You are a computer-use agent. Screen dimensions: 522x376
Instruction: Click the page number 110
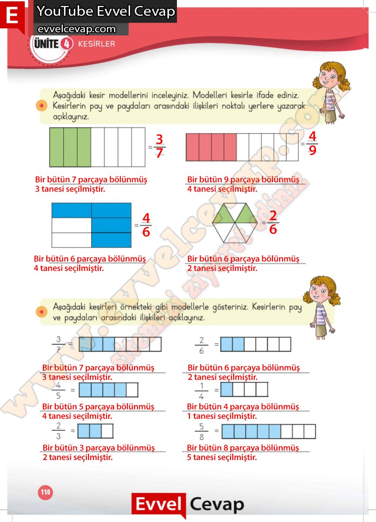(45, 492)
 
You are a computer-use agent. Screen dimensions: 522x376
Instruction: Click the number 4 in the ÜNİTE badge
(66, 44)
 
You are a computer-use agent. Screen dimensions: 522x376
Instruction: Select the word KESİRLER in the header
(96, 44)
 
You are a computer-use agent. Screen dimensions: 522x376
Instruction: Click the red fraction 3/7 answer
(159, 146)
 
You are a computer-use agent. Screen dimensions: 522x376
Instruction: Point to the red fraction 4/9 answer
(312, 143)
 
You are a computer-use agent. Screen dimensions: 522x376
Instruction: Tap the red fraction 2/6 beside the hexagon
(273, 223)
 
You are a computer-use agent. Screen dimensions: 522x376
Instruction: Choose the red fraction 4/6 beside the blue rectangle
(146, 225)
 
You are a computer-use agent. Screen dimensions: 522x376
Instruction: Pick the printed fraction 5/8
(201, 431)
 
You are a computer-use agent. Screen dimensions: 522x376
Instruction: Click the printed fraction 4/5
(58, 390)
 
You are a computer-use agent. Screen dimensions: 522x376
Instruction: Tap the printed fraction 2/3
(58, 430)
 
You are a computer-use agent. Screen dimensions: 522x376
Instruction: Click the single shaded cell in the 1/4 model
(226, 390)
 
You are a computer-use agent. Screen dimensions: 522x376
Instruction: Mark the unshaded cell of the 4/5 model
(132, 390)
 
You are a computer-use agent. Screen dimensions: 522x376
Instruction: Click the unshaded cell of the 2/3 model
(107, 431)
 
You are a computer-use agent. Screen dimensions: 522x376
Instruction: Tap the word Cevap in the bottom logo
(217, 505)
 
